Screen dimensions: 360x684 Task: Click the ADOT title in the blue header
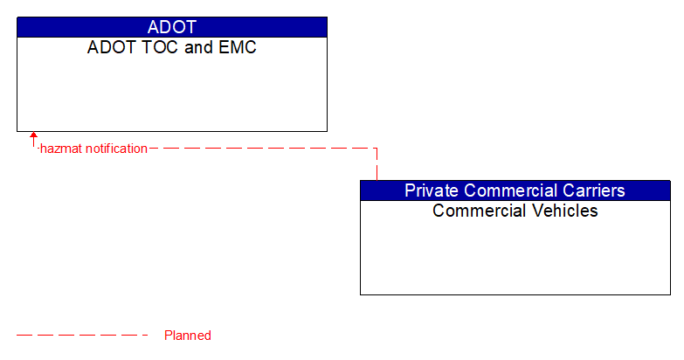pyautogui.click(x=172, y=27)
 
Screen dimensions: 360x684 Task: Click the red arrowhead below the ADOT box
pyautogui.click(x=34, y=136)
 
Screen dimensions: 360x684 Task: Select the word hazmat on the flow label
pyautogui.click(x=61, y=149)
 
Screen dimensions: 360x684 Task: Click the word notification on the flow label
pyautogui.click(x=116, y=149)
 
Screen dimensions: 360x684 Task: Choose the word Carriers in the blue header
pyautogui.click(x=593, y=190)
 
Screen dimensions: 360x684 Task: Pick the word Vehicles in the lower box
pyautogui.click(x=566, y=211)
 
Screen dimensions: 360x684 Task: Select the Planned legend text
pyautogui.click(x=188, y=336)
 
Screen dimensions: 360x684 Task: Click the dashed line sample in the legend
pyautogui.click(x=83, y=335)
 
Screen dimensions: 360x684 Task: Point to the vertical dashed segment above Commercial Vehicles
pyautogui.click(x=377, y=166)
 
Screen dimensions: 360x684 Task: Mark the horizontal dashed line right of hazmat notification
pyautogui.click(x=262, y=149)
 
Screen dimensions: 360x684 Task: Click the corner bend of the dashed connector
pyautogui.click(x=377, y=149)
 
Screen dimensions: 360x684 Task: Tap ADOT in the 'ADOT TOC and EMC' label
pyautogui.click(x=107, y=47)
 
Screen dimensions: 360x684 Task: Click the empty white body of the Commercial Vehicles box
pyautogui.click(x=515, y=258)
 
